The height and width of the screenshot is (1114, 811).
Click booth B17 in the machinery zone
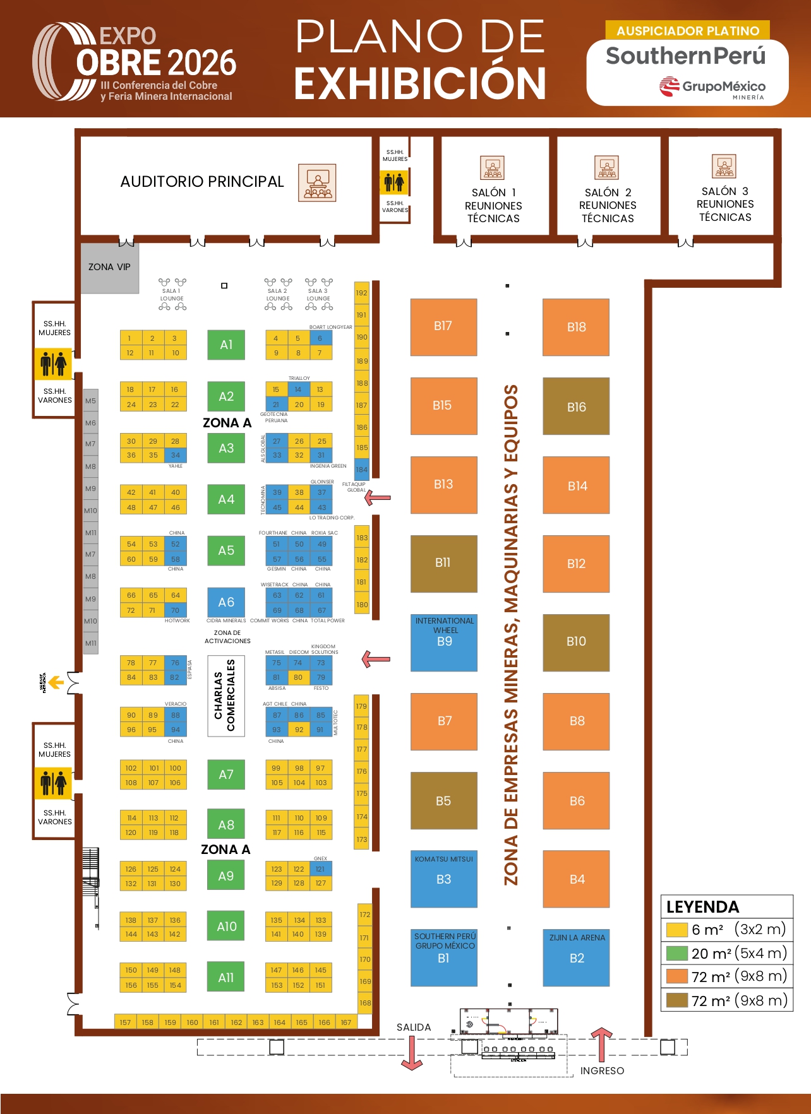coord(443,327)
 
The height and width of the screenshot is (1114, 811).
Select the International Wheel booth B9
coord(443,643)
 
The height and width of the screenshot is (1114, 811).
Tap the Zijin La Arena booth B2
coord(576,957)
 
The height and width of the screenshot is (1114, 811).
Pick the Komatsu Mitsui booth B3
coord(443,879)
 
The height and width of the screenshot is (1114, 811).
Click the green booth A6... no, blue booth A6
coord(226,602)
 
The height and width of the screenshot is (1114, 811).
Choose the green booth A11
coord(226,977)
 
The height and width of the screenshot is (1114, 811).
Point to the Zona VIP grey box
coord(110,268)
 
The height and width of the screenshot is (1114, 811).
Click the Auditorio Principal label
coord(202,182)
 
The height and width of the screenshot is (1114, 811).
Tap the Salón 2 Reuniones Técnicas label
coord(608,205)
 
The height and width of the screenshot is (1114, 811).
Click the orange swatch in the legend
coord(677,976)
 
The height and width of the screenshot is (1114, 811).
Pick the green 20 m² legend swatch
coord(677,953)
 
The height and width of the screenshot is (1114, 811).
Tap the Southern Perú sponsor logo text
coord(685,56)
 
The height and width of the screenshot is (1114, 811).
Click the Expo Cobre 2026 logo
coord(135,62)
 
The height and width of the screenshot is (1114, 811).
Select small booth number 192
coord(361,293)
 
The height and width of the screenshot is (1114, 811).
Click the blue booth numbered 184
coord(361,469)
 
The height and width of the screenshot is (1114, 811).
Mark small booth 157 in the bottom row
coord(125,1022)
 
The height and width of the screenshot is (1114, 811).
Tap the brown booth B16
coord(576,406)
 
